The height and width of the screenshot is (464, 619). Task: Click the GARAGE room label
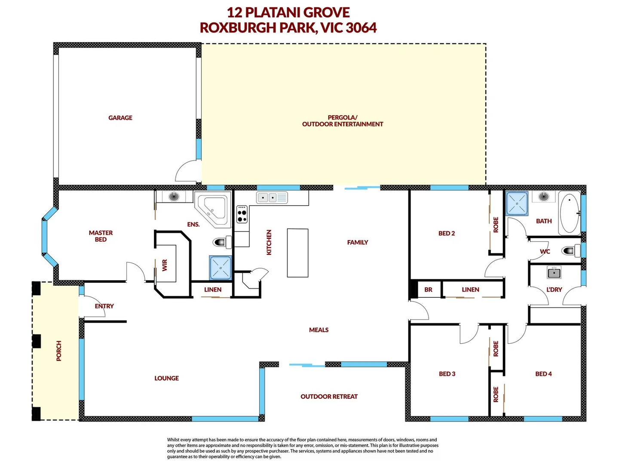pos(120,118)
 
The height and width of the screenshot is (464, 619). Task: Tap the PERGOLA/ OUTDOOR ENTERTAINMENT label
pos(342,121)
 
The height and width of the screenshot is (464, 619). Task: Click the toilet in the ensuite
pos(222,242)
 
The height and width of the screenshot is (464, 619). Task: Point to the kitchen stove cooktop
pos(242,214)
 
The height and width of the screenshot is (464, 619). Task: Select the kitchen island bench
pos(297,253)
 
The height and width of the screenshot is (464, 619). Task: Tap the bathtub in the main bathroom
pos(570,214)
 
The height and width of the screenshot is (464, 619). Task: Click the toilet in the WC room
pos(570,250)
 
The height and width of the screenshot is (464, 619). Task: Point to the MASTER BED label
pos(101,236)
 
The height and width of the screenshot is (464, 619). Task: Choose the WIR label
pos(165,265)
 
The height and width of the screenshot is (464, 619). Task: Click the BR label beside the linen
pos(428,290)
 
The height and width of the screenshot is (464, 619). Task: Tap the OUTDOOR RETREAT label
pos(329,397)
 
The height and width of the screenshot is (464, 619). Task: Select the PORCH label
pos(59,351)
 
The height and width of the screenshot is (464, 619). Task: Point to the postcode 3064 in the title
pos(361,27)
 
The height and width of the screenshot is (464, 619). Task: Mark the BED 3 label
pos(447,374)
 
